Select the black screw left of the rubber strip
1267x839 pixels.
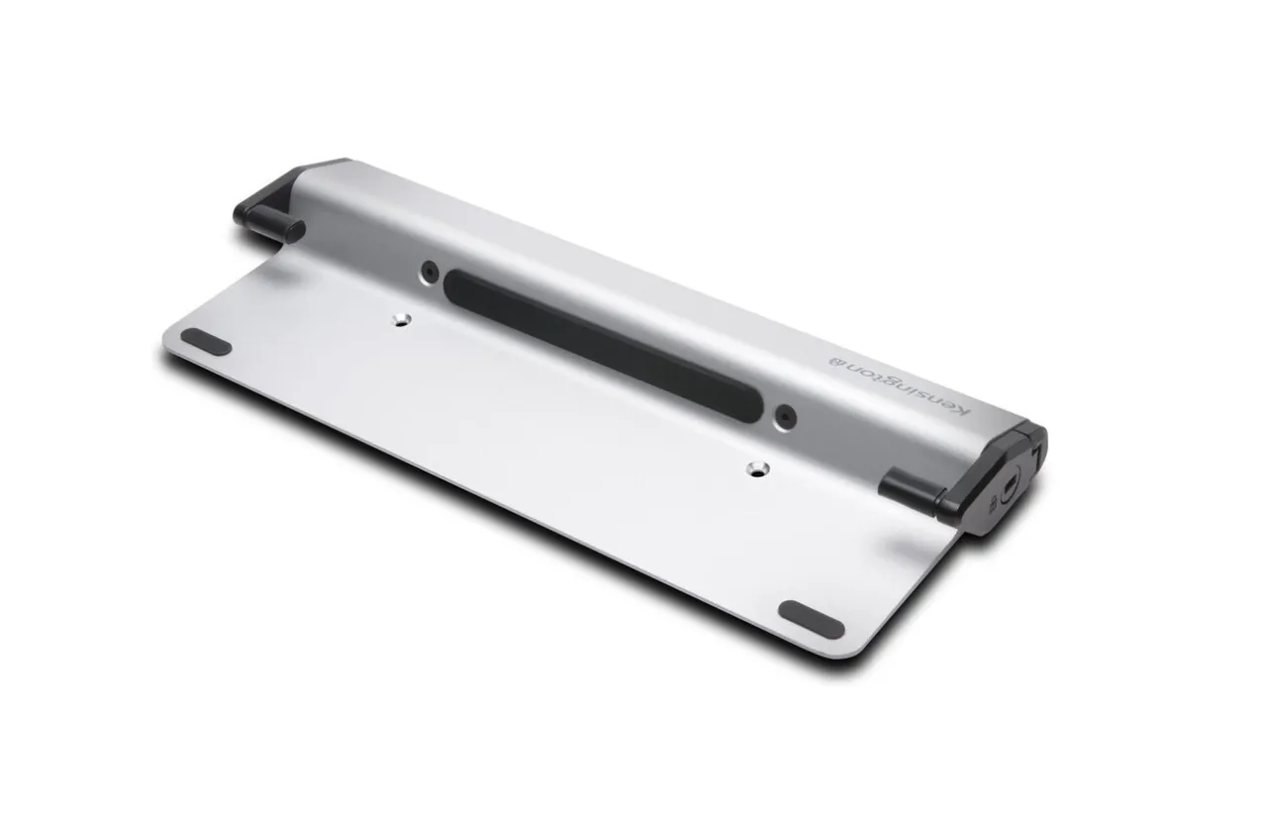pyautogui.click(x=430, y=271)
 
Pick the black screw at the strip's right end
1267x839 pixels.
pyautogui.click(x=786, y=418)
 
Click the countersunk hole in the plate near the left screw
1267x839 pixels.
pyautogui.click(x=402, y=320)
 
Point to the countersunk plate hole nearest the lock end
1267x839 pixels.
pyautogui.click(x=756, y=470)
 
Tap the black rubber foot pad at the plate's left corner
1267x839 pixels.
pyautogui.click(x=206, y=342)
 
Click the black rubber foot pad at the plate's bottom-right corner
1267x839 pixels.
pyautogui.click(x=811, y=620)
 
